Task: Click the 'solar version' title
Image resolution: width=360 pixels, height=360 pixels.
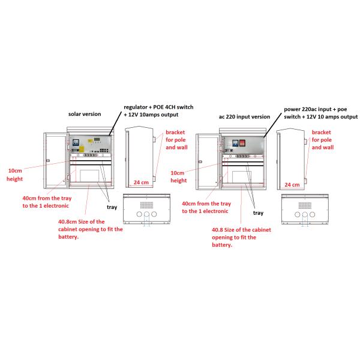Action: click(85, 114)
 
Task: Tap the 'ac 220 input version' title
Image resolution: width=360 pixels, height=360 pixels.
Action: click(244, 117)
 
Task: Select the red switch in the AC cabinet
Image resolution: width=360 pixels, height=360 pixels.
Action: click(242, 143)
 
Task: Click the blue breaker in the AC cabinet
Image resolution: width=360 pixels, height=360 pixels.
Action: click(235, 143)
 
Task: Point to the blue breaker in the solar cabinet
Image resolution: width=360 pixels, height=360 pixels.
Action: click(76, 142)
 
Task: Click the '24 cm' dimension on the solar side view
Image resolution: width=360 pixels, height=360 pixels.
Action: click(141, 182)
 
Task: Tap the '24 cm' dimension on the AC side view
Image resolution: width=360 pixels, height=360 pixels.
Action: click(292, 185)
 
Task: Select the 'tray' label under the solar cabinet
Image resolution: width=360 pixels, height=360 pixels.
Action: click(112, 208)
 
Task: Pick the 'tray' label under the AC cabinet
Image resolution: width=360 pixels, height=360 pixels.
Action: click(258, 213)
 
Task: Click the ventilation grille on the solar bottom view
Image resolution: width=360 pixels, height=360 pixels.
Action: click(146, 205)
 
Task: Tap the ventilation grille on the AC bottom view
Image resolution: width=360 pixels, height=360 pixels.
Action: click(305, 205)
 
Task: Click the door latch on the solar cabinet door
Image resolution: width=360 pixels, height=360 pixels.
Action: click(48, 160)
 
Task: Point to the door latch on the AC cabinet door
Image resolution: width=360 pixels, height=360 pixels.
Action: click(200, 161)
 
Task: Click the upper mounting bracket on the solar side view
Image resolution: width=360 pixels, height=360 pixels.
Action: click(154, 139)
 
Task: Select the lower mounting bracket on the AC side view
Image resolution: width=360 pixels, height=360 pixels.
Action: click(305, 181)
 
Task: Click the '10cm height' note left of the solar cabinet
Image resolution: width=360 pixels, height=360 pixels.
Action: click(14, 175)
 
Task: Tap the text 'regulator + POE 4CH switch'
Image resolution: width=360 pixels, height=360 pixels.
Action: click(158, 107)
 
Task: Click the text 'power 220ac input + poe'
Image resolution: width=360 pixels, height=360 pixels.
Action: click(315, 109)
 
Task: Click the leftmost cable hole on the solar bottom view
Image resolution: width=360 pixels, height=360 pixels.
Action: click(139, 214)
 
